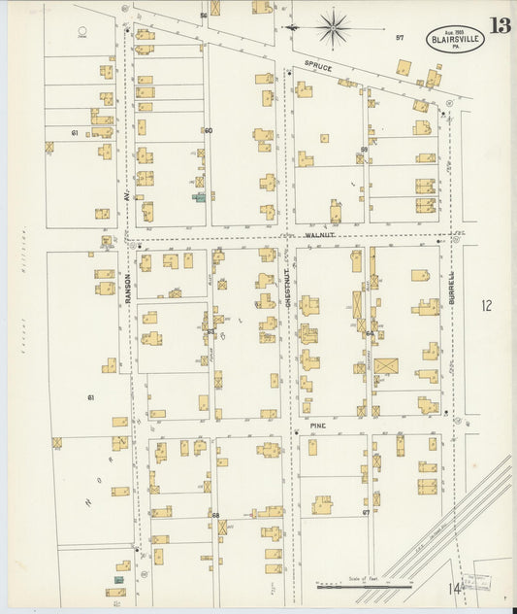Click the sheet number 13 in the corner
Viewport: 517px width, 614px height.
point(500,25)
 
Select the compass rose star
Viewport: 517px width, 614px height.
point(335,29)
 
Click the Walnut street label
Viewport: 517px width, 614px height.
point(318,234)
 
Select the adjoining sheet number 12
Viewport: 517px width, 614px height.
point(486,306)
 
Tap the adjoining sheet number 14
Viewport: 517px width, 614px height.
point(455,587)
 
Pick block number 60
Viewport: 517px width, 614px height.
point(208,130)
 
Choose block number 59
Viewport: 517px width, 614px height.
point(364,149)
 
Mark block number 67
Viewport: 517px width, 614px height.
point(366,511)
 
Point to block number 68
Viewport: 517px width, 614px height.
point(215,514)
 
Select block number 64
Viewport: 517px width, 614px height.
point(370,333)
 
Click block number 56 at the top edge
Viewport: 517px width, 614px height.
point(204,16)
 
